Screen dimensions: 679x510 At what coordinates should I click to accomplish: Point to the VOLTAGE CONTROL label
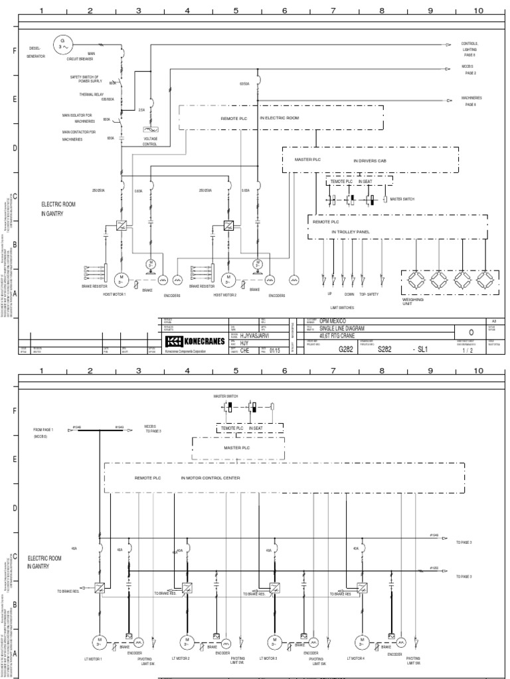150,141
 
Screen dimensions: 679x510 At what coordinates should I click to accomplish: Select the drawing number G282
347,349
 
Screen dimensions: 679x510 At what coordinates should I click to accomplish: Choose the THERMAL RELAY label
88,95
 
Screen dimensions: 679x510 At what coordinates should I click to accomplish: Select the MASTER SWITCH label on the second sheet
226,396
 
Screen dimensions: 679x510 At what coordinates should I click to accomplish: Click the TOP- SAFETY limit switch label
369,294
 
